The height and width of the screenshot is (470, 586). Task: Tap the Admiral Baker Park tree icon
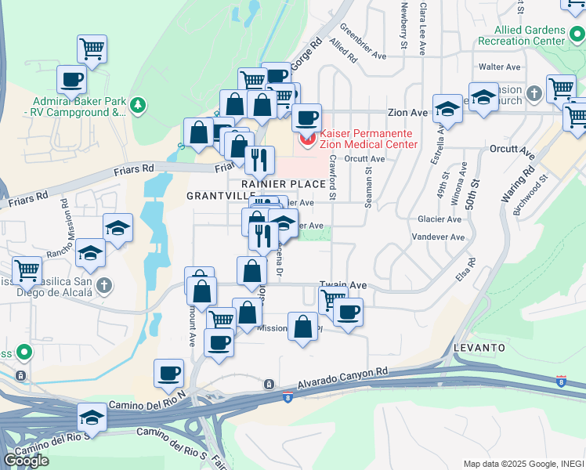pyautogui.click(x=138, y=104)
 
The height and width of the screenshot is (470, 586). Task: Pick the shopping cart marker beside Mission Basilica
pyautogui.click(x=27, y=270)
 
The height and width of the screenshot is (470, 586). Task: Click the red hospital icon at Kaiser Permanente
pyautogui.click(x=306, y=140)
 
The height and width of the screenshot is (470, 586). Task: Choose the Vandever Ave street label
pyautogui.click(x=432, y=236)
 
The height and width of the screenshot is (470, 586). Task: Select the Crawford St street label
pyautogui.click(x=332, y=172)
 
